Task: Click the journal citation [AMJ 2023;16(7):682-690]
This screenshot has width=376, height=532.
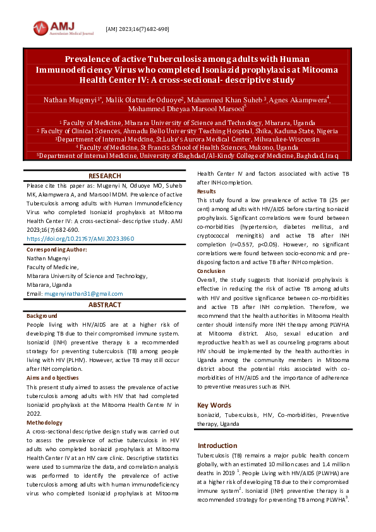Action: click(x=137, y=29)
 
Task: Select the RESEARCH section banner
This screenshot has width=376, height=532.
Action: click(x=105, y=176)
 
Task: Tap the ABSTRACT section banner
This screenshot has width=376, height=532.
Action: click(x=105, y=305)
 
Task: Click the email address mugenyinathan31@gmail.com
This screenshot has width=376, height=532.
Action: click(x=83, y=294)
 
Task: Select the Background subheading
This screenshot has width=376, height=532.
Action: click(x=42, y=315)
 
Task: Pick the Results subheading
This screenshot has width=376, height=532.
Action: click(x=207, y=191)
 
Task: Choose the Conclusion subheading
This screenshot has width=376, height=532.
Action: click(x=211, y=271)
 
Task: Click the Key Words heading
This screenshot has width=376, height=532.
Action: click(x=214, y=405)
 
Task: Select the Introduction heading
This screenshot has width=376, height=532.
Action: click(x=219, y=445)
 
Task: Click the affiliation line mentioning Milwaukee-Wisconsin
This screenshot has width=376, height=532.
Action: click(x=188, y=138)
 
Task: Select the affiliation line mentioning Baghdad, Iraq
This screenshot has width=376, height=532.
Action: click(x=188, y=155)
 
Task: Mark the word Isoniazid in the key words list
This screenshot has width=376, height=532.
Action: click(x=210, y=415)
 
